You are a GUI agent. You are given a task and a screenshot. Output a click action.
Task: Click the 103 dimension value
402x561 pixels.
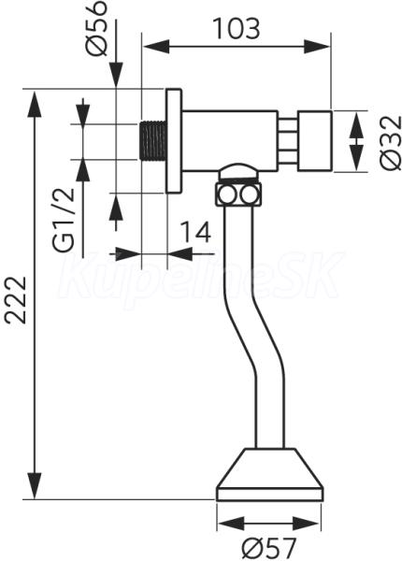(x=237, y=28)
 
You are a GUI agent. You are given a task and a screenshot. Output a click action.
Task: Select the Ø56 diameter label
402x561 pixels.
(x=96, y=28)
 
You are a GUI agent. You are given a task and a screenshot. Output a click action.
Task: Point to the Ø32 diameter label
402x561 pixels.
(x=391, y=143)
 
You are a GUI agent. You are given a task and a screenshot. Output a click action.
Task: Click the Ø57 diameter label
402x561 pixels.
(x=269, y=547)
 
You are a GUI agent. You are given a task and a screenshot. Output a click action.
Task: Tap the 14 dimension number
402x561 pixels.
(x=194, y=232)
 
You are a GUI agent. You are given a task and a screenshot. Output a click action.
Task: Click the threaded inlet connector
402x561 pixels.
(x=152, y=141)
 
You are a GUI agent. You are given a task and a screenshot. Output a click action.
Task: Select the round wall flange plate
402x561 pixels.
(x=174, y=140)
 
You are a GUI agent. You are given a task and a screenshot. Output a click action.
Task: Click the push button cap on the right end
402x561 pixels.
(x=315, y=141)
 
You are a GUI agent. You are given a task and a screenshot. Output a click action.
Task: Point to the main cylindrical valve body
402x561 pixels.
(x=230, y=141)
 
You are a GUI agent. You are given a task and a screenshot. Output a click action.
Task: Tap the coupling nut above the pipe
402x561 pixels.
(x=237, y=195)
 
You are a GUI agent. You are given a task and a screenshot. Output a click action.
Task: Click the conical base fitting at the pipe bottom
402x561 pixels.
(x=270, y=474)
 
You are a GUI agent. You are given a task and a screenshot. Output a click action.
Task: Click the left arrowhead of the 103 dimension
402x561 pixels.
(x=155, y=47)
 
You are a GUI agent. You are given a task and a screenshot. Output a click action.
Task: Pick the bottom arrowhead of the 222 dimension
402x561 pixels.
(x=35, y=485)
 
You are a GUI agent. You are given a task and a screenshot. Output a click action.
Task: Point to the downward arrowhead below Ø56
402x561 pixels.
(x=116, y=75)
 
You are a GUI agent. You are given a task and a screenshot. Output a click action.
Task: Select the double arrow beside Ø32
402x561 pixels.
(x=356, y=141)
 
